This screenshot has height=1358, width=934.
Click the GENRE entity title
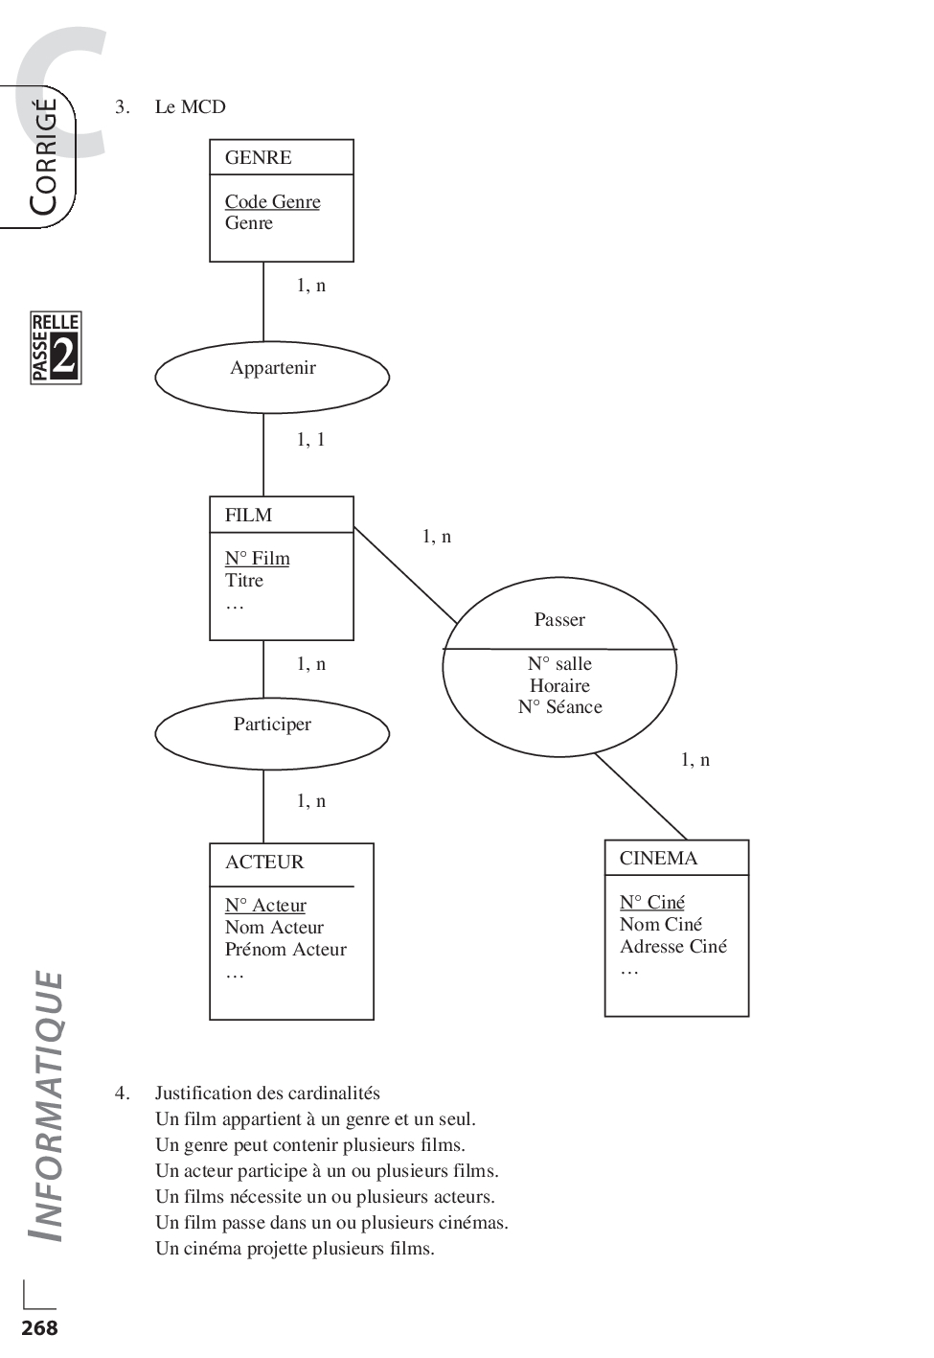tap(258, 158)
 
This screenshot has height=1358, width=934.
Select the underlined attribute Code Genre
tap(272, 202)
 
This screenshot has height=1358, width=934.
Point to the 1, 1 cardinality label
tap(310, 440)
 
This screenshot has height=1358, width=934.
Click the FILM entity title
tap(248, 516)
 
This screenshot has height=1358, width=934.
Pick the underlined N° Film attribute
tap(257, 559)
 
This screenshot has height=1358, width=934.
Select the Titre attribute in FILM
tap(244, 581)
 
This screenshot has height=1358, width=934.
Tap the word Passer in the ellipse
tap(559, 620)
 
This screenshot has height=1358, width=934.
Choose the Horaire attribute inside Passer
tap(559, 686)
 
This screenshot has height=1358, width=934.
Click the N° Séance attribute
tap(559, 707)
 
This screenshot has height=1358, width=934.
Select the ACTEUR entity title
tap(264, 863)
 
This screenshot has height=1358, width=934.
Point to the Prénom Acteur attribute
tap(285, 950)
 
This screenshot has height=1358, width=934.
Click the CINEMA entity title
tap(658, 859)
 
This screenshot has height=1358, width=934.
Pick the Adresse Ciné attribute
tap(672, 947)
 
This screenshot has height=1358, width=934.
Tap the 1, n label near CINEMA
tap(695, 760)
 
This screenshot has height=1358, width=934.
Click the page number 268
tap(39, 1328)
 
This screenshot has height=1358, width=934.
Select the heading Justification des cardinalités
tap(267, 1093)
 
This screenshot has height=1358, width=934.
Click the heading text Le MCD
tap(190, 107)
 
